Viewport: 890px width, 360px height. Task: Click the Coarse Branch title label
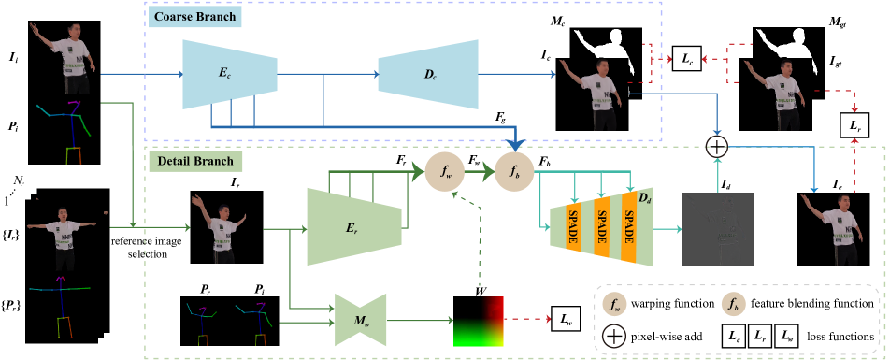(x=194, y=17)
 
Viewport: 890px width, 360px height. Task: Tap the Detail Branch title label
(x=195, y=161)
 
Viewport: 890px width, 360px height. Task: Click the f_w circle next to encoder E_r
(x=444, y=172)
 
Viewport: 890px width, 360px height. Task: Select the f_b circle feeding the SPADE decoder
(x=513, y=172)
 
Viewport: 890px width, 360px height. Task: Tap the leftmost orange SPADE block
(x=572, y=227)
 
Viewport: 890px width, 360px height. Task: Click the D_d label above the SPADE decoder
(x=643, y=197)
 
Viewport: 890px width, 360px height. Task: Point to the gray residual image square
(x=718, y=229)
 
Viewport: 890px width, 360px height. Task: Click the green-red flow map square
(x=479, y=322)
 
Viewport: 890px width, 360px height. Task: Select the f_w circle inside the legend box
(x=614, y=304)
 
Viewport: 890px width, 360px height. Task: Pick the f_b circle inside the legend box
(x=733, y=304)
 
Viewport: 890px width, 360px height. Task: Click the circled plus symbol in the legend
(x=614, y=335)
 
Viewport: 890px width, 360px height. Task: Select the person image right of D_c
(x=595, y=94)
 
